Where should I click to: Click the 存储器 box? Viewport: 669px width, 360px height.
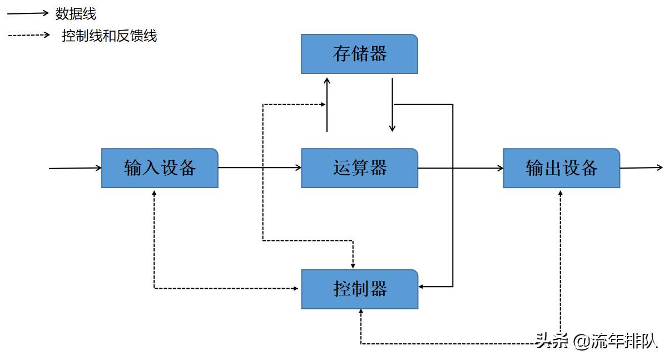tap(359, 54)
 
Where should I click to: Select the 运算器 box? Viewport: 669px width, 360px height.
tap(359, 168)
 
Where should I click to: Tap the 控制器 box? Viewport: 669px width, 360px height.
tap(359, 289)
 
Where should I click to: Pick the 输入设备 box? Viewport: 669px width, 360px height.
tap(160, 168)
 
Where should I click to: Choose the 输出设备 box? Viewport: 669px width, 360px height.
tap(561, 168)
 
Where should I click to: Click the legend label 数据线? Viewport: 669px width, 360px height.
tap(76, 13)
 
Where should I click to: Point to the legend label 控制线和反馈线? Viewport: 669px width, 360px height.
tap(110, 36)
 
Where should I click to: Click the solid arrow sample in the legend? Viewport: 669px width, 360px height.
tap(28, 13)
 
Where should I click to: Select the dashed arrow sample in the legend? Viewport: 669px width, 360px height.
tap(29, 35)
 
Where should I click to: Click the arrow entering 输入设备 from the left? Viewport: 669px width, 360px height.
tap(75, 167)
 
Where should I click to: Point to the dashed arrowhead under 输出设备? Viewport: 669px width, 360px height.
tap(561, 193)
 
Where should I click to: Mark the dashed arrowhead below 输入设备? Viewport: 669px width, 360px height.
tap(154, 193)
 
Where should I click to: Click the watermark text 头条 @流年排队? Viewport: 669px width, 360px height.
tap(596, 340)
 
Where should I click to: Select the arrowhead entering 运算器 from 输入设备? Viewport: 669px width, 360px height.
tap(297, 167)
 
